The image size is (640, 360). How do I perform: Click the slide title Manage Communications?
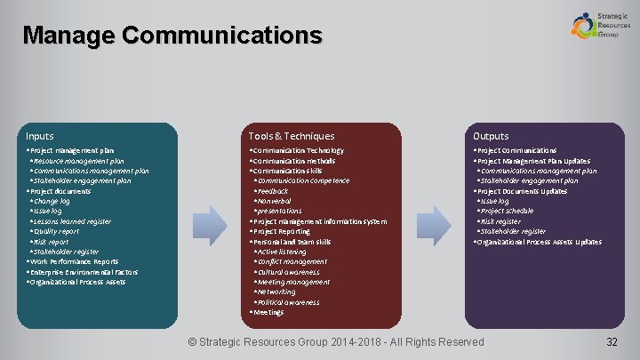tap(172, 36)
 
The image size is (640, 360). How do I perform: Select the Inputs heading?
tap(40, 136)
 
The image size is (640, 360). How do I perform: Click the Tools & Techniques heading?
tap(292, 136)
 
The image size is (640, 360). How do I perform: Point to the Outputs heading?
tap(491, 136)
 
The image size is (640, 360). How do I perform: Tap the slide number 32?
tap(612, 342)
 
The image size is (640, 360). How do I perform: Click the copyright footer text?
tap(338, 342)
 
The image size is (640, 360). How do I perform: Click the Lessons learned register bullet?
tap(72, 221)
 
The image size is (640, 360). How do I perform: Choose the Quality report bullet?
tap(56, 231)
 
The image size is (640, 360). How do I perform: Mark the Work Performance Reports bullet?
tap(73, 261)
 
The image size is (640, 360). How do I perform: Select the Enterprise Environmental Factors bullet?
tap(82, 272)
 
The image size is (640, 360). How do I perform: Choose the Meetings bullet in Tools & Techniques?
tap(268, 313)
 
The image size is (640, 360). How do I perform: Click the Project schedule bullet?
tap(507, 211)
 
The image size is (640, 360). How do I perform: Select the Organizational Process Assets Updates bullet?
tap(539, 242)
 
